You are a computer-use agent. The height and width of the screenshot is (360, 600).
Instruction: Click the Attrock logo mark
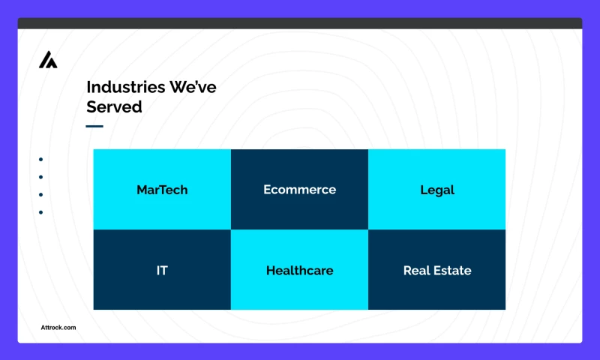click(x=48, y=60)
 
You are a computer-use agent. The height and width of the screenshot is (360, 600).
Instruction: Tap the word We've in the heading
click(x=193, y=87)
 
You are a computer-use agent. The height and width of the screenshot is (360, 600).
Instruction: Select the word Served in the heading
click(x=114, y=106)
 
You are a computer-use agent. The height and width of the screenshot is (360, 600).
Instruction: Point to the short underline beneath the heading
click(x=94, y=126)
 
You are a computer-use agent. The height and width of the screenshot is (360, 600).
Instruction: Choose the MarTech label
click(x=162, y=190)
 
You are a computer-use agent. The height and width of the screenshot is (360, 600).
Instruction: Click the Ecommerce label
click(x=299, y=190)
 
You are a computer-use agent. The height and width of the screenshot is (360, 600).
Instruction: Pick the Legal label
click(x=437, y=190)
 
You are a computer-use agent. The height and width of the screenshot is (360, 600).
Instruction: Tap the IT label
click(x=162, y=270)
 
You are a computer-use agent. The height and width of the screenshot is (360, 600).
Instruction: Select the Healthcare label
click(x=299, y=270)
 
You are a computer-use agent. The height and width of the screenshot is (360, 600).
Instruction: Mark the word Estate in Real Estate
click(x=453, y=270)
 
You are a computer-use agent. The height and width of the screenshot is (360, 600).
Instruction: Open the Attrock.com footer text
click(x=58, y=327)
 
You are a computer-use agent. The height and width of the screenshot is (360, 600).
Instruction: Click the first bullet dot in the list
click(x=40, y=159)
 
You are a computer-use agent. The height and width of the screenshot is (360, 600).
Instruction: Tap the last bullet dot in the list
click(x=40, y=212)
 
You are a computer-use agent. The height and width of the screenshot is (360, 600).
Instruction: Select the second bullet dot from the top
click(x=40, y=177)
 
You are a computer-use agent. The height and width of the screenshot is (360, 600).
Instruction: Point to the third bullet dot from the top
click(x=40, y=194)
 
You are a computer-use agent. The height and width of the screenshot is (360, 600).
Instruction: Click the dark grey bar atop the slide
click(x=300, y=23)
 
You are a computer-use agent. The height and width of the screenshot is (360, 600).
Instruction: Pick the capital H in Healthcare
click(x=271, y=270)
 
